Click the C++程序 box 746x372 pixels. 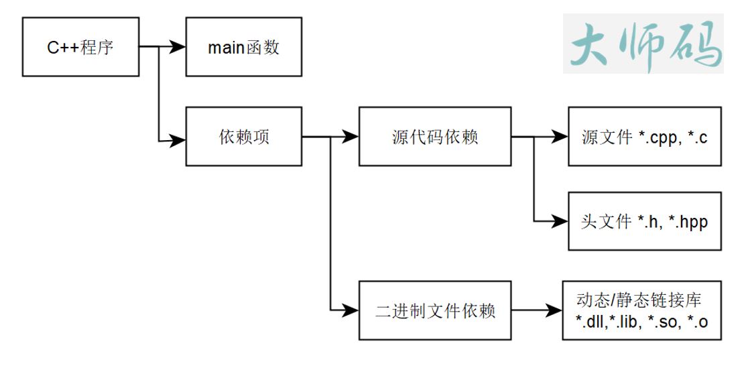tap(80, 47)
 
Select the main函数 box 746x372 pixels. tap(243, 47)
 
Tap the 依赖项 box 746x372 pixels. tap(243, 136)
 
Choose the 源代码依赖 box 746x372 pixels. tap(435, 136)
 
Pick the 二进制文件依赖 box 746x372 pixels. tap(435, 310)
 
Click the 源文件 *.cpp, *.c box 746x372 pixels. tap(645, 136)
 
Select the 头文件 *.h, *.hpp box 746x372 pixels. tap(645, 221)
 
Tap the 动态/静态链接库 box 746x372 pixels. tap(642, 310)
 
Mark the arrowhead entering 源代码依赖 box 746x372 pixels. tap(351, 137)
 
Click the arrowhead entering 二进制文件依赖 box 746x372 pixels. tap(351, 310)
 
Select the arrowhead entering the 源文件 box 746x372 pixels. tap(560, 137)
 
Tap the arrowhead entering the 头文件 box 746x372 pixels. tap(560, 221)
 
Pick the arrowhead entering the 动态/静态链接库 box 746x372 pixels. tap(554, 310)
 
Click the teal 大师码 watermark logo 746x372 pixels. tap(643, 44)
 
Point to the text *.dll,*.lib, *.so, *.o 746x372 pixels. tap(642, 322)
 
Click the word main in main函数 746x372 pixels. tap(226, 48)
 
